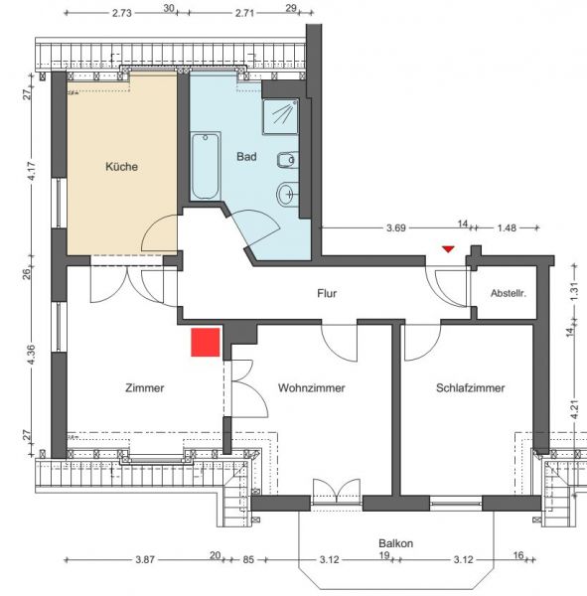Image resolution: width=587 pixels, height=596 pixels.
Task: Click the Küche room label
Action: [x=121, y=167]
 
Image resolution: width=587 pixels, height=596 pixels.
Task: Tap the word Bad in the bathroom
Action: [x=246, y=157]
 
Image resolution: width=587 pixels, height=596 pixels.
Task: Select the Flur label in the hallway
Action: [x=327, y=293]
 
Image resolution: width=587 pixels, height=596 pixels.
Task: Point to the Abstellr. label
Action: [x=509, y=293]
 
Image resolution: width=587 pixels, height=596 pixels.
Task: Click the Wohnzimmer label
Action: [x=311, y=388]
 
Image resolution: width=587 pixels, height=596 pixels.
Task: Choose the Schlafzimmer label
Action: [x=470, y=388]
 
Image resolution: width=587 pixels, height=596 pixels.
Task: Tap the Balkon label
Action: [x=395, y=543]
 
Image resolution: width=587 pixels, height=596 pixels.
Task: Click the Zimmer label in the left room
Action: [x=144, y=388]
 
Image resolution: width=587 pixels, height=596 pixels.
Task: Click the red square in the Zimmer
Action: [x=206, y=343]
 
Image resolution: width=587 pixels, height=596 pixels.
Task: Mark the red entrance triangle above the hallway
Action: [x=448, y=249]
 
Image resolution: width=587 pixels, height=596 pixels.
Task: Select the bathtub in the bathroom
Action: [x=206, y=165]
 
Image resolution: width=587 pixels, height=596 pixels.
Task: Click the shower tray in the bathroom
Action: [x=280, y=116]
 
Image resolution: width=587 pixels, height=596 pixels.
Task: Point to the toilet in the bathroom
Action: [x=288, y=160]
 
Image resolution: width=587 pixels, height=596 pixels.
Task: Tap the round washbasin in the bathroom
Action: [x=288, y=195]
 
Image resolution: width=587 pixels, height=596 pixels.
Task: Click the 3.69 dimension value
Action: [x=396, y=228]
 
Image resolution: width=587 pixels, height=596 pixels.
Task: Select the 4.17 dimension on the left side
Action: [x=32, y=172]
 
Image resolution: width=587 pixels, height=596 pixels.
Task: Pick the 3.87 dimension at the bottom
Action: [x=145, y=560]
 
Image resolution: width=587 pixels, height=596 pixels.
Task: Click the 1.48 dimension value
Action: [x=507, y=228]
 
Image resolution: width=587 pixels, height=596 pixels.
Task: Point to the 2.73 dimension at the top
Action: [x=122, y=13]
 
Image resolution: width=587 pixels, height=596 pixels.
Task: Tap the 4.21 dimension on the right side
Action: [x=574, y=409]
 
